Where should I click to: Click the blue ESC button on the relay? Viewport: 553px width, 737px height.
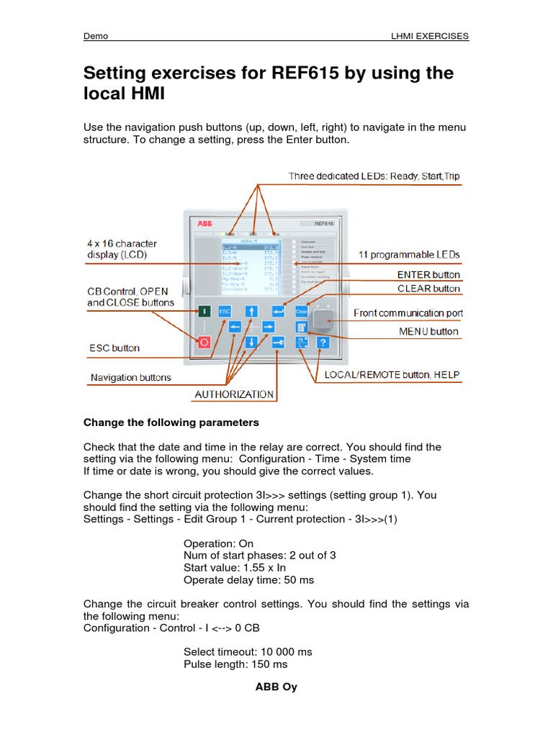click(x=225, y=312)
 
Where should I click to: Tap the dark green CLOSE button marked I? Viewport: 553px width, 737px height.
click(x=203, y=312)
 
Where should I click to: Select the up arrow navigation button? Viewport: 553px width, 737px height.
click(x=251, y=312)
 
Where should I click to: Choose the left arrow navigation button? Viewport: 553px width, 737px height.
click(x=235, y=327)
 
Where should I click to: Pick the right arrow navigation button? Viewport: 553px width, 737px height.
click(x=268, y=327)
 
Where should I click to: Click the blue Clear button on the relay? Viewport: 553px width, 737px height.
click(x=301, y=312)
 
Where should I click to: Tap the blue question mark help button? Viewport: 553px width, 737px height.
click(x=323, y=343)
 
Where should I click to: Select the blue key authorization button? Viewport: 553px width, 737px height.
click(x=279, y=343)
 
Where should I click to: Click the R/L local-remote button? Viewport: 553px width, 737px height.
click(x=302, y=343)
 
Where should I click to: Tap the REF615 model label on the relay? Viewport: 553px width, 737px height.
click(x=318, y=223)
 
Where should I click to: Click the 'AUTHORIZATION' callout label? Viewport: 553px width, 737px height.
click(x=235, y=394)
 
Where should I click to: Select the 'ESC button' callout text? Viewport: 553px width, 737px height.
click(x=115, y=348)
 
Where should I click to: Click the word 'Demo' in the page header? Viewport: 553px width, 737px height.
click(x=96, y=36)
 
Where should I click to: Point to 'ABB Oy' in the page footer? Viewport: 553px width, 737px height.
click(x=276, y=687)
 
